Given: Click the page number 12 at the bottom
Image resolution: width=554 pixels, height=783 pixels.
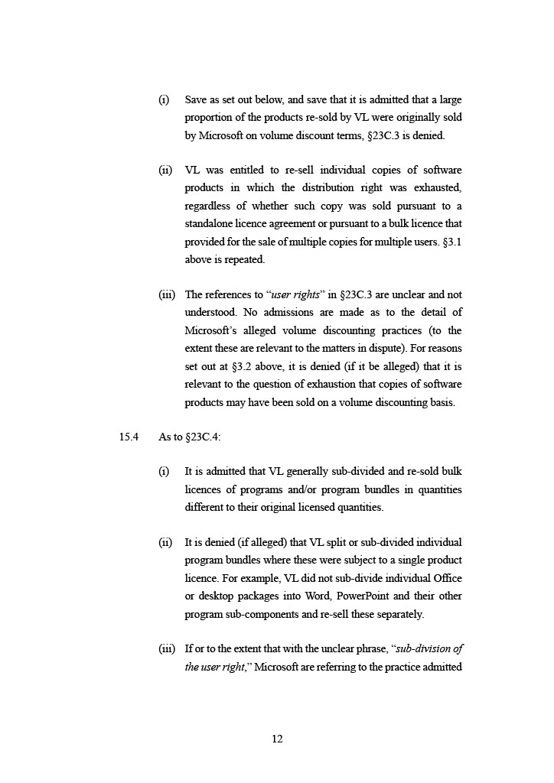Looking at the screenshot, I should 277,739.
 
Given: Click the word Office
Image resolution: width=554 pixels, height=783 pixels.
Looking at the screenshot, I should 446,578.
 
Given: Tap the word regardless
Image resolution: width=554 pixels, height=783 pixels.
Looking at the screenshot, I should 208,206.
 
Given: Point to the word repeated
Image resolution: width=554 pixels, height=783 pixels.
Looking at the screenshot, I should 246,259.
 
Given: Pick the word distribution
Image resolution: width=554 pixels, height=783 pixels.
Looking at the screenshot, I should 333,187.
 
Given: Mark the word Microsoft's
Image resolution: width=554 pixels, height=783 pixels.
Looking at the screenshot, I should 211,331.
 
